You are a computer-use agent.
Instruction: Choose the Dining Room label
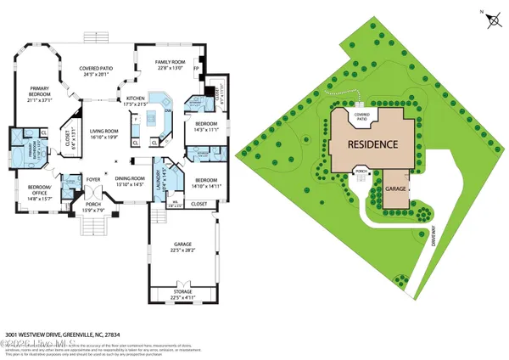tap(130, 181)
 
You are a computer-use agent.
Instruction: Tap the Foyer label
tap(92, 180)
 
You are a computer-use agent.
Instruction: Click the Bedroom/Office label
tap(40, 190)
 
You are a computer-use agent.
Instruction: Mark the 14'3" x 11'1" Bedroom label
tap(206, 127)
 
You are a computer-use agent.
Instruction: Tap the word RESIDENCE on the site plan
tap(372, 144)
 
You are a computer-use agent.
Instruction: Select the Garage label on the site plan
tap(396, 188)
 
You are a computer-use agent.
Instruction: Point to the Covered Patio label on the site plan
tap(362, 115)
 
